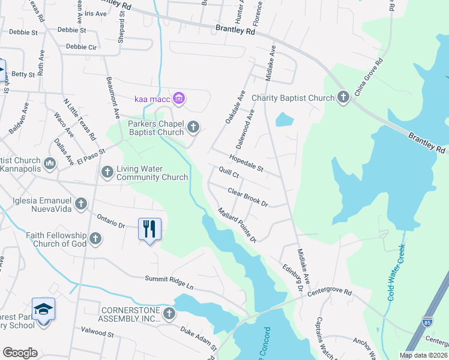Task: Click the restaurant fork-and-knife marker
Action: coord(149,229)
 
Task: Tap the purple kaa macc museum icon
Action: coord(178,98)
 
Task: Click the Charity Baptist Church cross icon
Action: coord(343,97)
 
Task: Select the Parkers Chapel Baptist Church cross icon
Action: coord(193,126)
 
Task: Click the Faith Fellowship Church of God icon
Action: coord(95,240)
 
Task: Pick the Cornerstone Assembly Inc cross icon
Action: coord(169,313)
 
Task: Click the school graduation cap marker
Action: coord(43,310)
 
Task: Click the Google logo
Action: coord(20,353)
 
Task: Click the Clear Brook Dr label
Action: coord(247,196)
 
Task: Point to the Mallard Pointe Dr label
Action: coord(237,225)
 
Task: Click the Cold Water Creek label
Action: coord(396,272)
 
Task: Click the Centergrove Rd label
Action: coord(330,292)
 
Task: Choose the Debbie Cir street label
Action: coord(81,46)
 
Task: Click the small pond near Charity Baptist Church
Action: coord(284,120)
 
